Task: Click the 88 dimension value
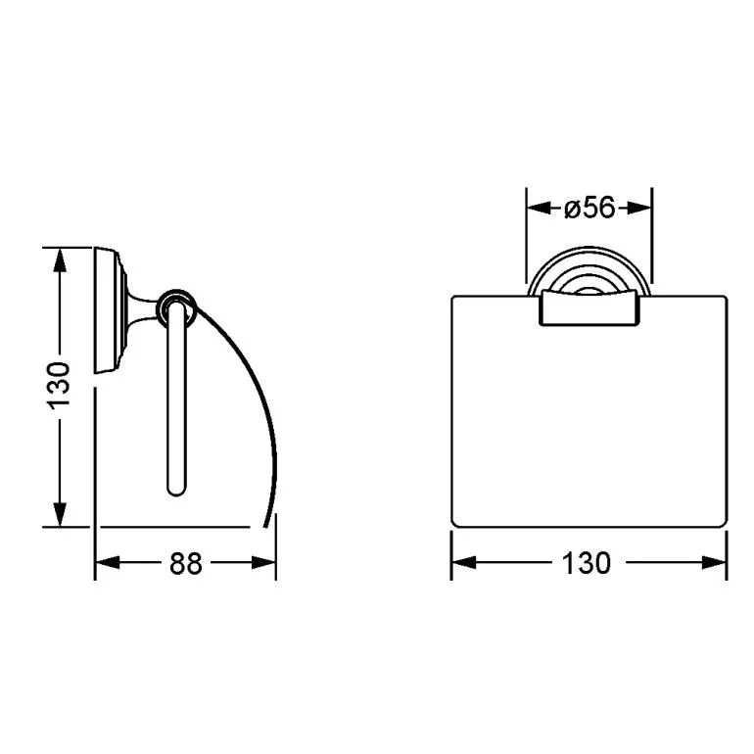tap(186, 563)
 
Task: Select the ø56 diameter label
tap(589, 209)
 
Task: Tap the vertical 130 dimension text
tap(59, 386)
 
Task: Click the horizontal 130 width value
tap(587, 563)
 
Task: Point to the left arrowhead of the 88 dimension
tap(108, 563)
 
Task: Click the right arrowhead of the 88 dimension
tap(263, 563)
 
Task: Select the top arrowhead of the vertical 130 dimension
tap(59, 260)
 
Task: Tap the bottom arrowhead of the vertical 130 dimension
tap(59, 514)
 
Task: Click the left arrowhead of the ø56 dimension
tap(539, 209)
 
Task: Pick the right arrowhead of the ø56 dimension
tap(639, 209)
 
